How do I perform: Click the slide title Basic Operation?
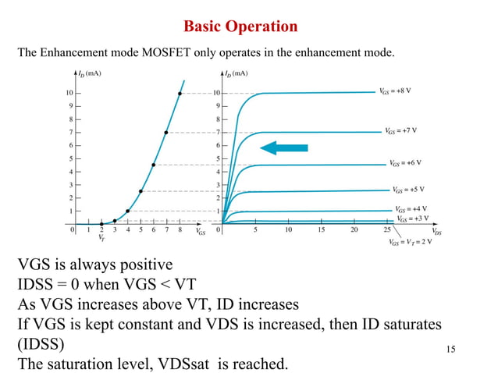pos(240,27)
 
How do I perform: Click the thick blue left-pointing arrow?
pos(284,147)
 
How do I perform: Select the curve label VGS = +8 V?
pos(395,91)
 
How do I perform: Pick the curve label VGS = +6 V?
pos(406,163)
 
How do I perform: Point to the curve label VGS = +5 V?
pos(409,190)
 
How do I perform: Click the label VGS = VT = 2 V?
pos(410,242)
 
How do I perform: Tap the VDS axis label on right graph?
pos(436,233)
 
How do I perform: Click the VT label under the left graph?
pos(101,238)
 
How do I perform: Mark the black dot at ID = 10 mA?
pos(180,94)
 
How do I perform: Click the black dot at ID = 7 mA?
pos(166,133)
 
